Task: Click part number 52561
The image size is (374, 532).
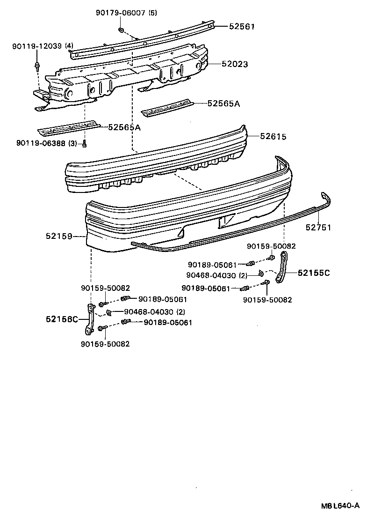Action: (242, 27)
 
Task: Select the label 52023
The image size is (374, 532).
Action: (235, 64)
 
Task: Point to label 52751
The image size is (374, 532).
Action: (318, 228)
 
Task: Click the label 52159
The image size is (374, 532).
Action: (58, 236)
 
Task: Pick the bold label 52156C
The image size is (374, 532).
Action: (62, 319)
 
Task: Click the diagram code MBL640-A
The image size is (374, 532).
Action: (340, 505)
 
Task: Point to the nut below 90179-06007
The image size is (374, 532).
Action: (121, 30)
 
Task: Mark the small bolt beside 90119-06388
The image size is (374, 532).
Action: (84, 144)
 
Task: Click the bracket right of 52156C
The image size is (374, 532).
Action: (89, 320)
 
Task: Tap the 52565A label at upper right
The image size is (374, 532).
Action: (223, 103)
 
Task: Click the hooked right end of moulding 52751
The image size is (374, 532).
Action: (327, 199)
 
